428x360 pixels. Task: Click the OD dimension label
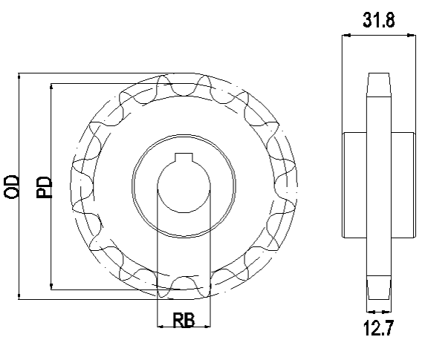[x=11, y=187]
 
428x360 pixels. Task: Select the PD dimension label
[x=44, y=187]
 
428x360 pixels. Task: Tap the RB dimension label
[x=184, y=320]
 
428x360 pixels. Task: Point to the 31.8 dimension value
[x=379, y=20]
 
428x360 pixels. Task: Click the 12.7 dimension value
[x=379, y=328]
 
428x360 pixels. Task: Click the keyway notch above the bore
[x=184, y=157]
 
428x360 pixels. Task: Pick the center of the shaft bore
[x=184, y=186]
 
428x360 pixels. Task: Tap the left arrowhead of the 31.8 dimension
[x=346, y=35]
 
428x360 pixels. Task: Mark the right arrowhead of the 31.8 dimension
[x=412, y=35]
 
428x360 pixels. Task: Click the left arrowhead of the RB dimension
[x=161, y=326]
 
